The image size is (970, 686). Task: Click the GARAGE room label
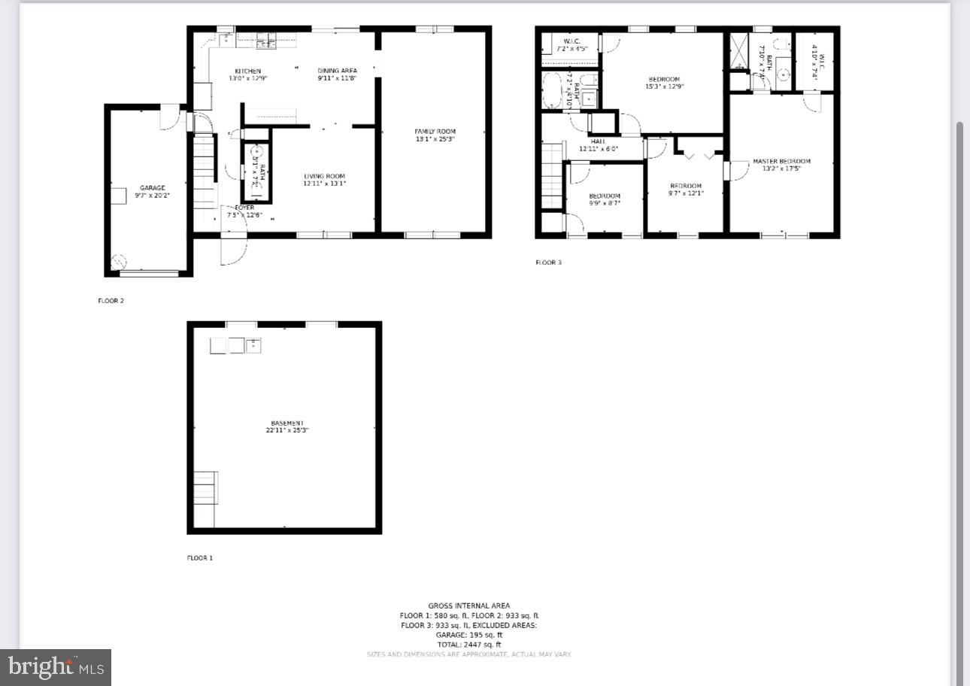[x=152, y=188]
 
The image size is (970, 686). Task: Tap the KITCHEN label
[x=247, y=71]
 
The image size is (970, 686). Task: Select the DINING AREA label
[x=337, y=71]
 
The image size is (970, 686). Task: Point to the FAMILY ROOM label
[x=435, y=132]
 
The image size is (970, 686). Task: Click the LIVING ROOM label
[x=324, y=177]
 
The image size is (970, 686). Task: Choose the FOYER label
[x=244, y=208]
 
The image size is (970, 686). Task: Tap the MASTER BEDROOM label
[x=781, y=161]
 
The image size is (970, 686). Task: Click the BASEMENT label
[x=287, y=423]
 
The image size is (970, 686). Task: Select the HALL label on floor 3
[x=598, y=141]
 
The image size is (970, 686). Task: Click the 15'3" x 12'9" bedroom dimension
[x=664, y=87]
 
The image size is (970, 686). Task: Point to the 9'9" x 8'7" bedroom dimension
[x=605, y=203]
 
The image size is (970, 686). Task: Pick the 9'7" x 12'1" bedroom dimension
[x=686, y=193]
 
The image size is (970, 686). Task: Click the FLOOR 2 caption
[x=111, y=301]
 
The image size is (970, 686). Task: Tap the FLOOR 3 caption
[x=548, y=263]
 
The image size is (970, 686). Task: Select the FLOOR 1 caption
[x=200, y=558]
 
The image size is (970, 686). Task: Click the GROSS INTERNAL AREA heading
[x=468, y=606]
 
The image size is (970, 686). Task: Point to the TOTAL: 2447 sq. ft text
[x=468, y=645]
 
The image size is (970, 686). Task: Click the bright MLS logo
[x=56, y=666]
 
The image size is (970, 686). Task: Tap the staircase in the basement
[x=205, y=488]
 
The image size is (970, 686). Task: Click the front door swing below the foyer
[x=233, y=250]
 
